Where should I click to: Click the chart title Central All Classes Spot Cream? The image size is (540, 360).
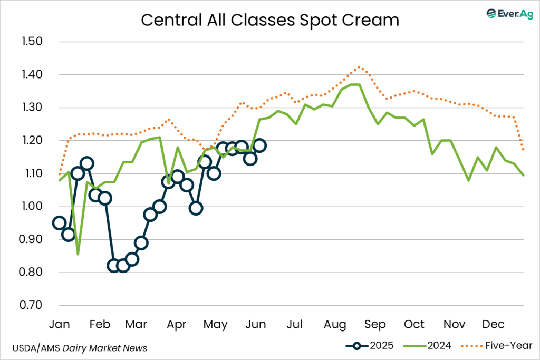pos(269,20)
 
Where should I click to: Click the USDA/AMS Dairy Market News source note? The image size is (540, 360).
pos(79,348)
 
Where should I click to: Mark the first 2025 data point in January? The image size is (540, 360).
pos(60,223)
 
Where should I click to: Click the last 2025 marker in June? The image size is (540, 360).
pos(259,145)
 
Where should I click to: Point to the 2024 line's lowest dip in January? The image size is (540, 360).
pos(78,254)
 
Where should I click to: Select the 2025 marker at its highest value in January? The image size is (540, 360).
pos(87,163)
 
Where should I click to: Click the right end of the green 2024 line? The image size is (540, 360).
pos(523,175)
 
